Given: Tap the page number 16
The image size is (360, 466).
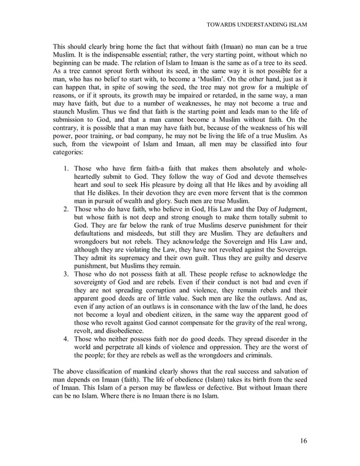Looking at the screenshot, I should tap(304, 441).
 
